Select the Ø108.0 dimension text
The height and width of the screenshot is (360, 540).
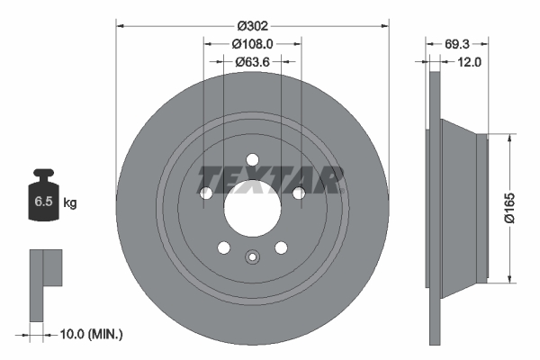click(252, 43)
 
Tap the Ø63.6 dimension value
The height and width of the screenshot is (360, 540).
click(252, 62)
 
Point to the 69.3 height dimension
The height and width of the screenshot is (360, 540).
click(457, 43)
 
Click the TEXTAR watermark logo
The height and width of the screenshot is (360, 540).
click(270, 179)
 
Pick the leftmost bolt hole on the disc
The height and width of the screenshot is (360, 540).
click(206, 193)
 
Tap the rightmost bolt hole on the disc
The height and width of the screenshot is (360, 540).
click(298, 192)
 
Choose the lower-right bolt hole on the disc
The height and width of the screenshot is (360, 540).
click(281, 247)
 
